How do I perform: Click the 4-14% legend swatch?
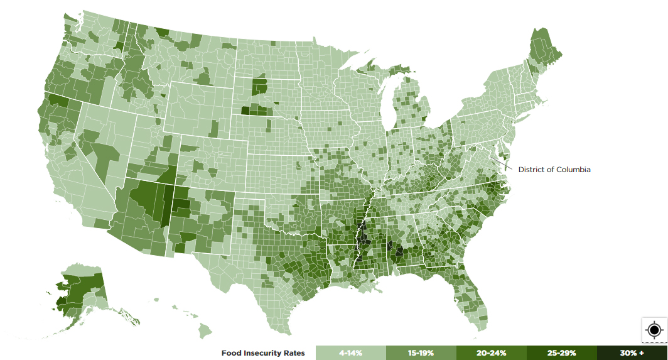[x=350, y=353]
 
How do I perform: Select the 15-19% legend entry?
[x=420, y=353]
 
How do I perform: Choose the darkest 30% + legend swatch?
[x=632, y=353]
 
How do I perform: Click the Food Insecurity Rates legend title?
[x=263, y=353]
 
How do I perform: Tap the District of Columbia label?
[x=554, y=170]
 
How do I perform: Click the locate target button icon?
[x=654, y=330]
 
